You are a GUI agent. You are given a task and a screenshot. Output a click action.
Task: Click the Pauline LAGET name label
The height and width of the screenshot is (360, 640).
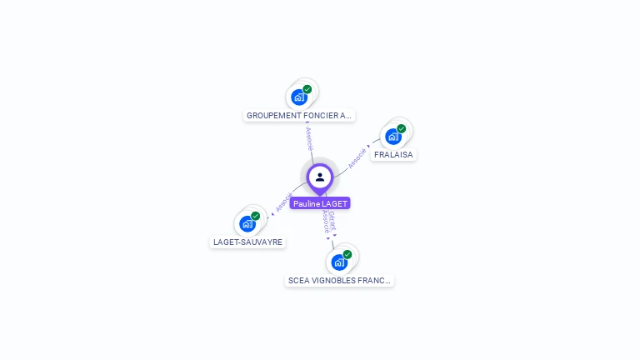320,203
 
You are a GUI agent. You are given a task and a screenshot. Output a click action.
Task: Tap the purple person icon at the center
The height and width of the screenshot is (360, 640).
320,177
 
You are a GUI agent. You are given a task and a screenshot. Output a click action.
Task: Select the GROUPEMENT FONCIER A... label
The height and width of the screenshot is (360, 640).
300,116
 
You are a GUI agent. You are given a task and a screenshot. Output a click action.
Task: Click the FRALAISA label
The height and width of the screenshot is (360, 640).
393,155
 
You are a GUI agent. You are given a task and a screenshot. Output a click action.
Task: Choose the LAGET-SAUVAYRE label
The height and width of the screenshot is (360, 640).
247,242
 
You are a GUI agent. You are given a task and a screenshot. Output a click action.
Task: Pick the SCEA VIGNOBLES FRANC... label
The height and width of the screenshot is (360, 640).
339,281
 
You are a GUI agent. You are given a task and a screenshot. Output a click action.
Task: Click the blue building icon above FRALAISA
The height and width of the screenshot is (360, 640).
392,137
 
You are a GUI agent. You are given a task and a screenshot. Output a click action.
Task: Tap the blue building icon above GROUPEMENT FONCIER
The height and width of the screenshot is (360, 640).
298,97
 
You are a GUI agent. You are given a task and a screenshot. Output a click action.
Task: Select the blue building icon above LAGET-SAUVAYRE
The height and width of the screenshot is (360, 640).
247,223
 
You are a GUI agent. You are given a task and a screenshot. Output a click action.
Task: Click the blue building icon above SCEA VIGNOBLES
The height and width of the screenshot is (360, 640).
338,262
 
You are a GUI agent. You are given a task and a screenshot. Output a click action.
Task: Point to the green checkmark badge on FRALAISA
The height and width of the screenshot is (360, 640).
401,129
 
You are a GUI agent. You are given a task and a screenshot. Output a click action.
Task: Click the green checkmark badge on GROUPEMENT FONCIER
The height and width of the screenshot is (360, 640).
307,89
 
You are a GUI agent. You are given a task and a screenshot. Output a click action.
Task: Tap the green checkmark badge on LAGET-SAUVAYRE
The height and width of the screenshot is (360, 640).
255,216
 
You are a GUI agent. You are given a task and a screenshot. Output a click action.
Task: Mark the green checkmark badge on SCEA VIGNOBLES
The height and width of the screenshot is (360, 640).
347,254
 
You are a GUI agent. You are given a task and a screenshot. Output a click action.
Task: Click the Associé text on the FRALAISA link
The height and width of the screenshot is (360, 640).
357,157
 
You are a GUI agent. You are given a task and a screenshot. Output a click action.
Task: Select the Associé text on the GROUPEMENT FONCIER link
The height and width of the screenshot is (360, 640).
309,138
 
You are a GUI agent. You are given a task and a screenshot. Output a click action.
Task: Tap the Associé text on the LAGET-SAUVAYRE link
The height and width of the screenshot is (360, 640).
284,202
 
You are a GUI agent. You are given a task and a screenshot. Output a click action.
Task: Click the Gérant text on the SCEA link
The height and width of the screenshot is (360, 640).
332,219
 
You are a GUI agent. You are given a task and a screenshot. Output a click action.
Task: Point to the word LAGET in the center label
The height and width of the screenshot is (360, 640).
333,203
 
